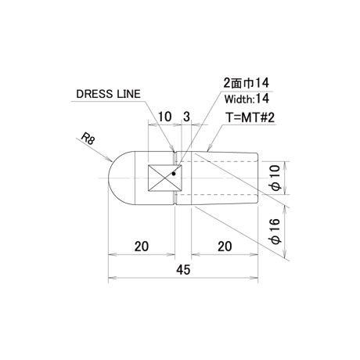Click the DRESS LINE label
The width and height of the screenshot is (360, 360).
(x=108, y=94)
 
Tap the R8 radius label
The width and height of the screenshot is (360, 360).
(x=88, y=139)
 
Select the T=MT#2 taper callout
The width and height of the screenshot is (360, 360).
(x=250, y=117)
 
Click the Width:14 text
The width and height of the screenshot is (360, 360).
(x=247, y=99)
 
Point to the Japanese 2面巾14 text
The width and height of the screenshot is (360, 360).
(x=247, y=83)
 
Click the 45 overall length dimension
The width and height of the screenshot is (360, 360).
(x=183, y=270)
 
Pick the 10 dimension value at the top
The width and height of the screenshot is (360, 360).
(x=165, y=117)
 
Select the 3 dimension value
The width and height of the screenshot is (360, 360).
(x=186, y=117)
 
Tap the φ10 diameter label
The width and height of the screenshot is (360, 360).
(x=276, y=178)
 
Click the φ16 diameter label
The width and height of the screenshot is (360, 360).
(x=276, y=231)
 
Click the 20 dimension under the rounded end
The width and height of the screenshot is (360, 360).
(x=142, y=247)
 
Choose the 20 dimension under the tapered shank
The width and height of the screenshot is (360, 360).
(x=225, y=247)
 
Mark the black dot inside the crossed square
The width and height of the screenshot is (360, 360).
(x=174, y=174)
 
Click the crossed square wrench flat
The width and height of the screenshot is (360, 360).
(x=164, y=178)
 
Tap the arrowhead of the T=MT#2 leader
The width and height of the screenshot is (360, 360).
(x=208, y=149)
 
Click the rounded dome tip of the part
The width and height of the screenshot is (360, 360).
(x=109, y=178)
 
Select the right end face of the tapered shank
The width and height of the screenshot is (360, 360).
(x=257, y=178)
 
